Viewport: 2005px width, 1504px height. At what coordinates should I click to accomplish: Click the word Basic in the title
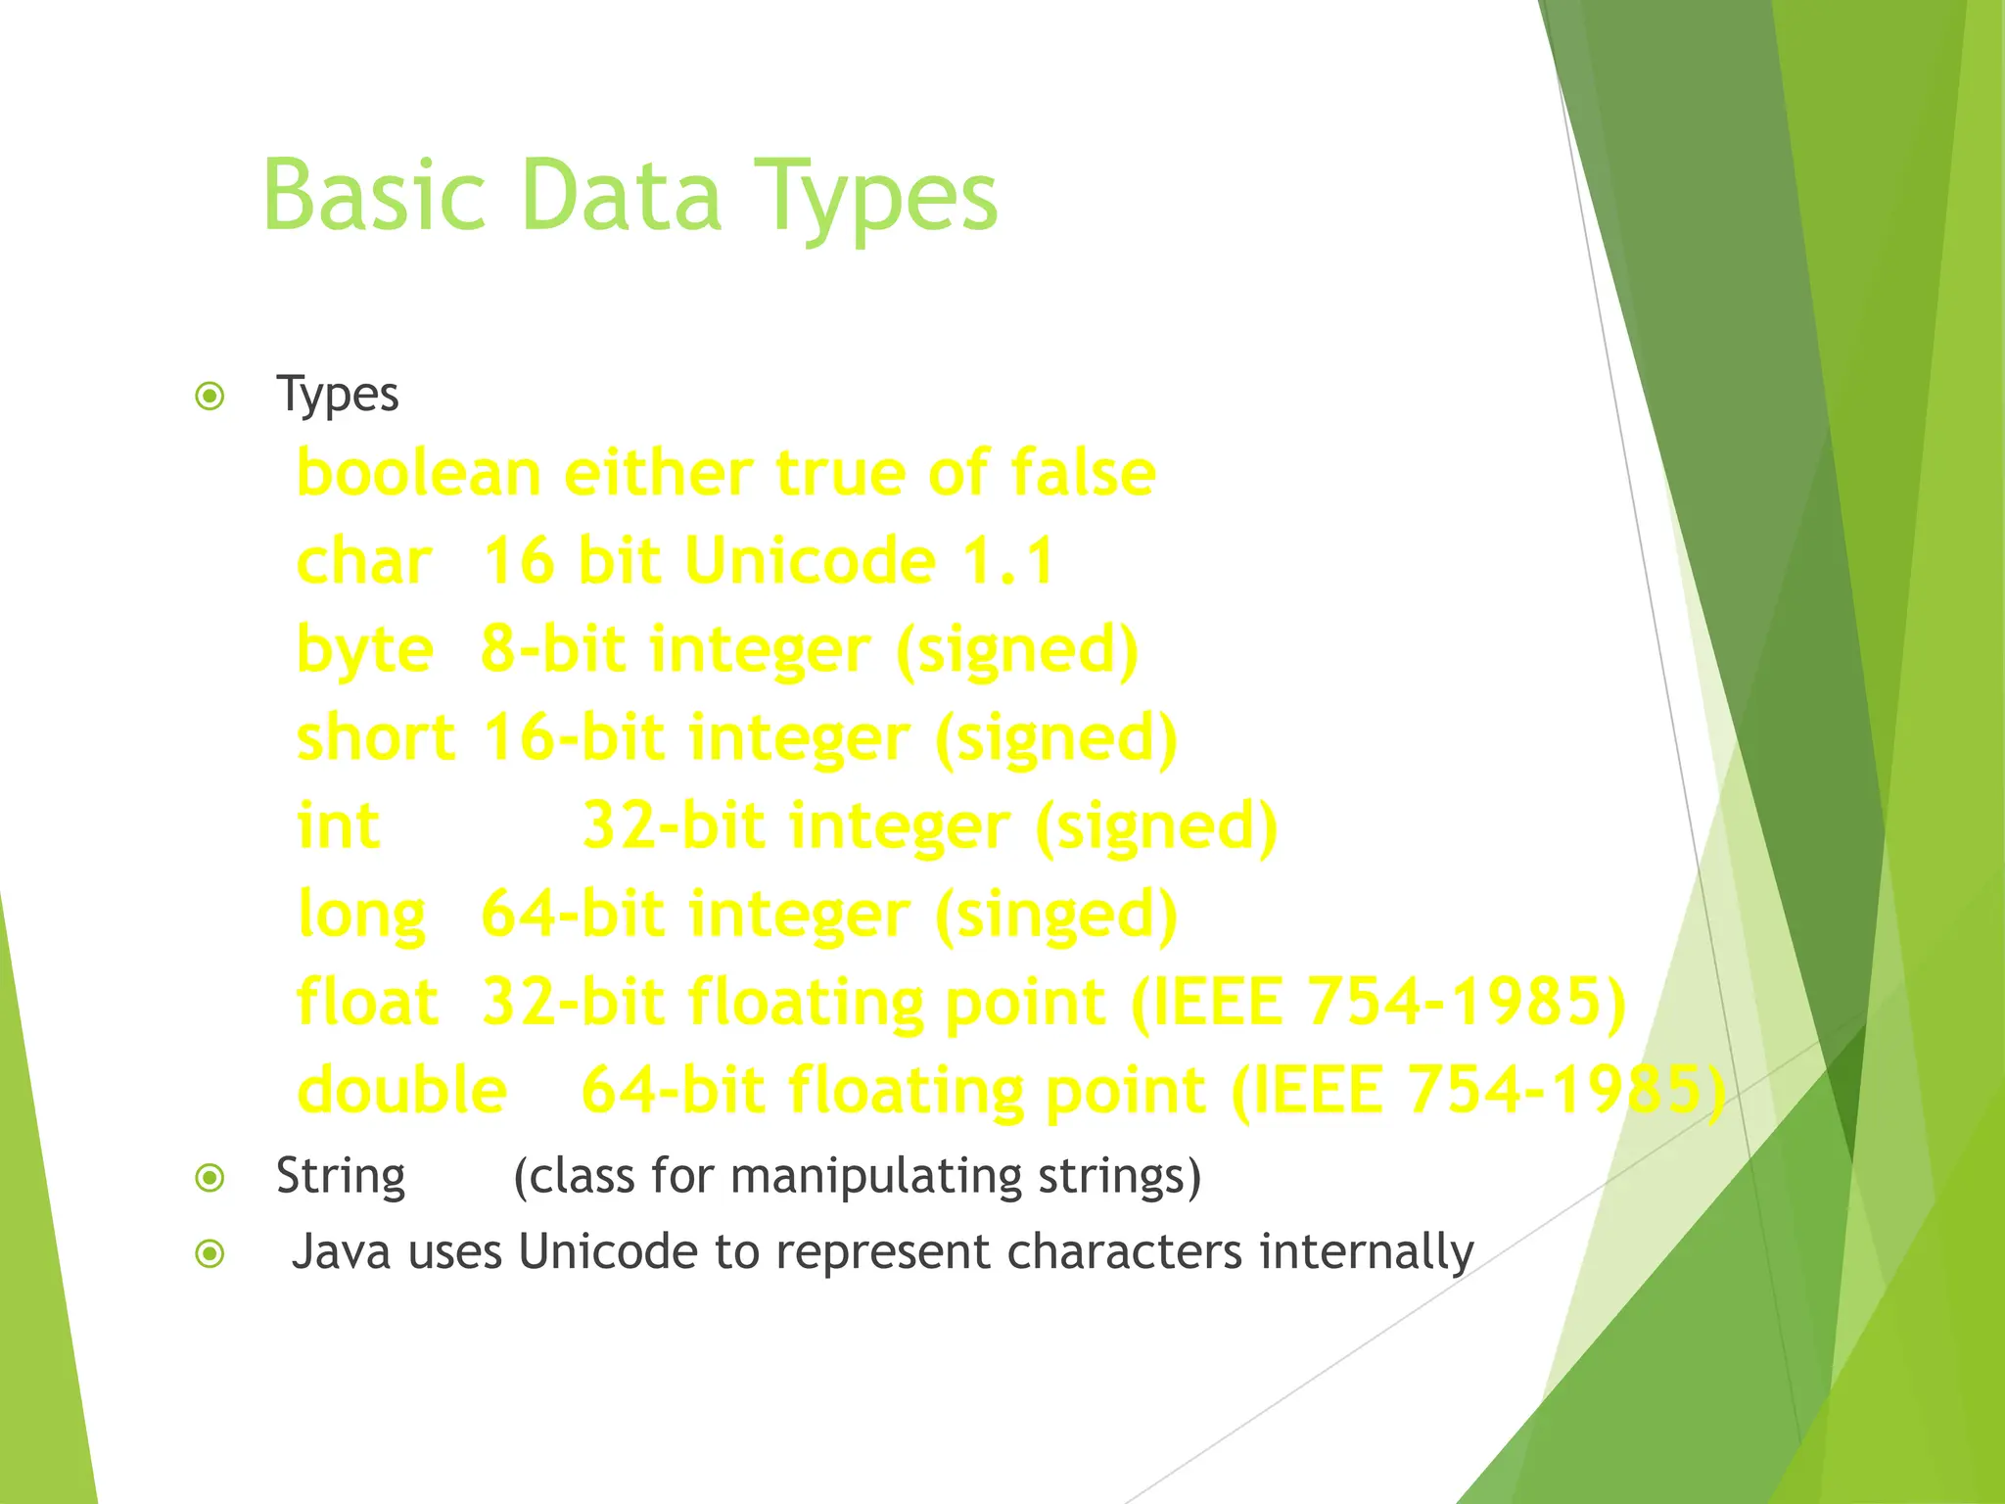[374, 196]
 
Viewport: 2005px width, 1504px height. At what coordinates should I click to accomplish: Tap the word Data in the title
[622, 196]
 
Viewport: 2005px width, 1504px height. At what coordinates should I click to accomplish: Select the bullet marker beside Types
[210, 397]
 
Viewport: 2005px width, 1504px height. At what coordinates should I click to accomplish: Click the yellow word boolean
[418, 473]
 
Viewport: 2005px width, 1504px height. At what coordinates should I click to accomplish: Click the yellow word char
[363, 562]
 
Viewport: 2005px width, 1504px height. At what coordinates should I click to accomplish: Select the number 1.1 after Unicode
[1007, 562]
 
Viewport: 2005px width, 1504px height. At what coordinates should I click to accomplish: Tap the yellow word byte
[364, 652]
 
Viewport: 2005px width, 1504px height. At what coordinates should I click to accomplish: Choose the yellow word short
[375, 738]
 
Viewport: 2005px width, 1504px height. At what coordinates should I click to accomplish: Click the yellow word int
[338, 826]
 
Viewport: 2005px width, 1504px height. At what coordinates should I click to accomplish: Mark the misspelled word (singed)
[1056, 916]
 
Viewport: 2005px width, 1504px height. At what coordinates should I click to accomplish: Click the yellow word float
[367, 1003]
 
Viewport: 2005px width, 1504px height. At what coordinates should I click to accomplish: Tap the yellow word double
[401, 1091]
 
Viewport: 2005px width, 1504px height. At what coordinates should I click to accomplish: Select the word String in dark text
[340, 1177]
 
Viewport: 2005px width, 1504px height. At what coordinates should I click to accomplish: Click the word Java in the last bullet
[342, 1252]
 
